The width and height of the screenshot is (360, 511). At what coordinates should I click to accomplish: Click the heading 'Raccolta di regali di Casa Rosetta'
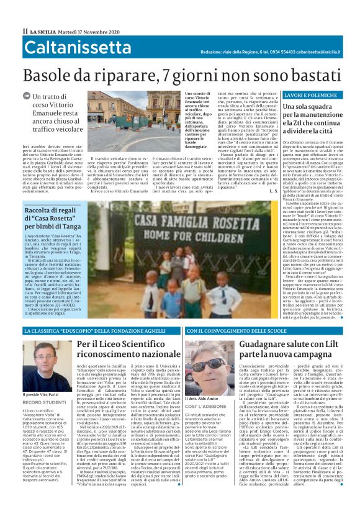pyautogui.click(x=58, y=214)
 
